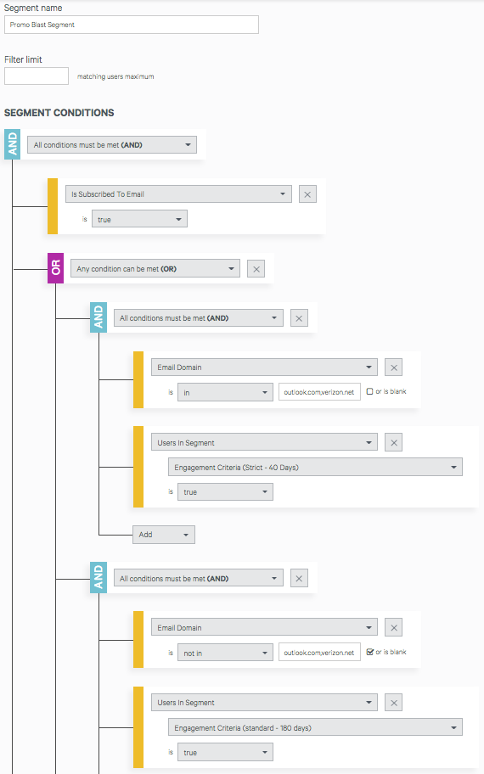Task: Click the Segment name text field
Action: click(x=132, y=25)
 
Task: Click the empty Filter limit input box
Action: click(x=37, y=76)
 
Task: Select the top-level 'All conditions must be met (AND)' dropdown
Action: click(x=112, y=144)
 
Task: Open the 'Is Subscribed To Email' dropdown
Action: click(x=178, y=194)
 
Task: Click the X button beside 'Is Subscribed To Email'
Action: click(x=307, y=194)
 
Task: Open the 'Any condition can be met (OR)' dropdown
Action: click(x=155, y=268)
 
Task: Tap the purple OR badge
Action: click(x=55, y=268)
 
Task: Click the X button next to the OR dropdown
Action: click(x=256, y=269)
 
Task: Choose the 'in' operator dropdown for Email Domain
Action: click(x=225, y=392)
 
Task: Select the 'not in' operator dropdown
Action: click(x=225, y=653)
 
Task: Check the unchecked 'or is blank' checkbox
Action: click(x=370, y=391)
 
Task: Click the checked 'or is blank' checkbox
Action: click(x=370, y=652)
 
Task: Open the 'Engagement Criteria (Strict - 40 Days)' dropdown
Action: click(x=315, y=467)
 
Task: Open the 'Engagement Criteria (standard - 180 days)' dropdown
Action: click(x=315, y=727)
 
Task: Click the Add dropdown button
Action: click(x=164, y=535)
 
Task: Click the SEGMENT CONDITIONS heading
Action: click(x=59, y=113)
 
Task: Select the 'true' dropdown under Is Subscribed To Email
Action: click(x=140, y=219)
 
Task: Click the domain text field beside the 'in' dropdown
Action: click(x=319, y=392)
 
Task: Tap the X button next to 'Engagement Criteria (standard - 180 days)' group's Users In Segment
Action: click(x=394, y=703)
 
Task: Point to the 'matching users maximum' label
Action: click(x=115, y=76)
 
